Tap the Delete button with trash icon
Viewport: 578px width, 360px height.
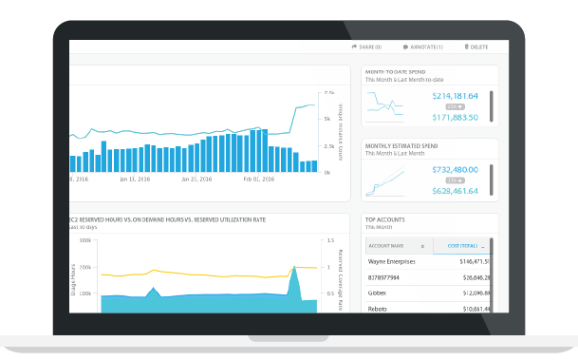[476, 47]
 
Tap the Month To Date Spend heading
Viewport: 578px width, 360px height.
[396, 71]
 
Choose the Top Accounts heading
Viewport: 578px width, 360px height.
[385, 219]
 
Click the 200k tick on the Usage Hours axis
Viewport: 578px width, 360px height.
[84, 268]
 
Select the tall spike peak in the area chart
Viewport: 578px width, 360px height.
[294, 270]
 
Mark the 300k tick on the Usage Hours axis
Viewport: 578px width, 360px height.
[84, 241]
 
